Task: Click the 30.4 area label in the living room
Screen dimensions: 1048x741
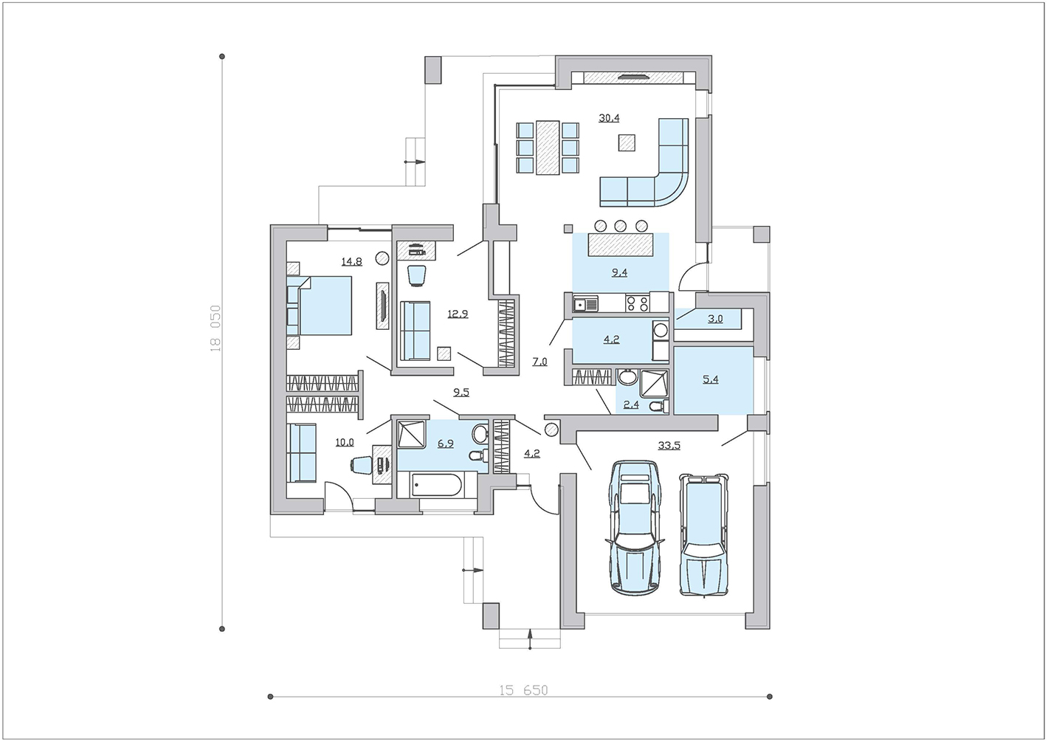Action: pos(609,118)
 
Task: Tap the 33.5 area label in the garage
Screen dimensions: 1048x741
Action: pos(669,445)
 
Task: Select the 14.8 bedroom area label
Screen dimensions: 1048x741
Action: pos(351,261)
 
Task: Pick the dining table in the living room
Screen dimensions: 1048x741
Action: pos(548,148)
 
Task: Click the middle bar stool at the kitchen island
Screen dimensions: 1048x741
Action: pos(621,226)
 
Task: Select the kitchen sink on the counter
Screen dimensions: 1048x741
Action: pos(585,305)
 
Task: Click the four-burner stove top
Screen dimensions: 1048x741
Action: pos(638,303)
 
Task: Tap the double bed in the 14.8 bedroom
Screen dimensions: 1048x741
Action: pos(320,305)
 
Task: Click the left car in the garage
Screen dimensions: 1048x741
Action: pos(635,527)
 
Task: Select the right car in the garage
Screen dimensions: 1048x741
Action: pos(703,534)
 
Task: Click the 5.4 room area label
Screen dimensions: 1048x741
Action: pos(710,379)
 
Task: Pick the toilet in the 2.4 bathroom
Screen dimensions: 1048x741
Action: pos(659,407)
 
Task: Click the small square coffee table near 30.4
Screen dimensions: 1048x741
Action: pos(627,142)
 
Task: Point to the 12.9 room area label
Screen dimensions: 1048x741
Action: pos(458,314)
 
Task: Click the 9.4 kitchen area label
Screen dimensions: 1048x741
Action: pos(619,273)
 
